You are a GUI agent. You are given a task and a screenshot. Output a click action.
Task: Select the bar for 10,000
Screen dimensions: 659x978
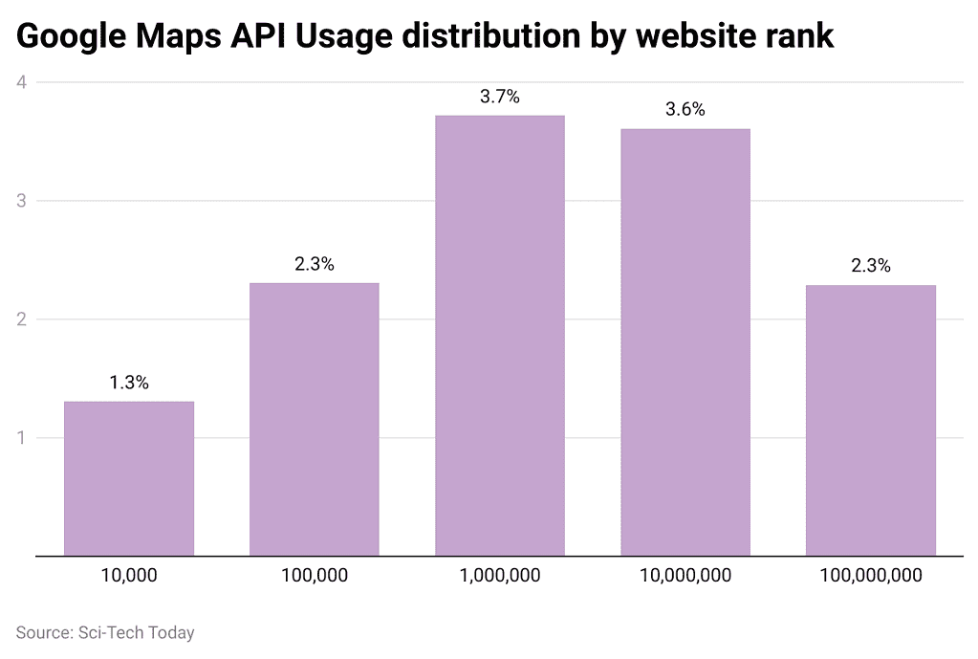click(x=129, y=478)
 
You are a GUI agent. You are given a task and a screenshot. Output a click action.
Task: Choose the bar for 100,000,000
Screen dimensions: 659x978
click(x=871, y=420)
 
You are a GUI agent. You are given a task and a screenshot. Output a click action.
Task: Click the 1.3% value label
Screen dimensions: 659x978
click(x=129, y=384)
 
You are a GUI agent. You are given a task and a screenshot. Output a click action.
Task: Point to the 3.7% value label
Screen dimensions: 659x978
click(x=500, y=97)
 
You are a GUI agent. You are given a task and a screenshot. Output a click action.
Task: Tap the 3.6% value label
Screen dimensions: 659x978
click(x=685, y=110)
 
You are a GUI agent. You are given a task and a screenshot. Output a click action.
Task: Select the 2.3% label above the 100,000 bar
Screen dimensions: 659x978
click(x=315, y=265)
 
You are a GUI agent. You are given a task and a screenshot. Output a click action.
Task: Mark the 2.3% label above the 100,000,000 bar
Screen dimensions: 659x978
click(x=871, y=267)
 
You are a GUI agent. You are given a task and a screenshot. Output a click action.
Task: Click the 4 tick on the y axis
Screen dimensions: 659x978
click(x=20, y=82)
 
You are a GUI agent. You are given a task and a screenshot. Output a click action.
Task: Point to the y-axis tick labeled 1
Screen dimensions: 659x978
click(x=20, y=438)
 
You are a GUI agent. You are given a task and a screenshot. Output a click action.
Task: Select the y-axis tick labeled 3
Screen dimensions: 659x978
click(x=20, y=201)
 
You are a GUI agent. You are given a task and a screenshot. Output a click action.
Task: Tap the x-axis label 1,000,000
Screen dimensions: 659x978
click(x=500, y=576)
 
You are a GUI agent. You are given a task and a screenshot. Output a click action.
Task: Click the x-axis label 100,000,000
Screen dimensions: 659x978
click(x=871, y=576)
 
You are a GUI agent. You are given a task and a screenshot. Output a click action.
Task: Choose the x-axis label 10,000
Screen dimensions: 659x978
click(x=129, y=576)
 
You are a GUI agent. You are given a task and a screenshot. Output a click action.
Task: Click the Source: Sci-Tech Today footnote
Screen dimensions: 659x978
click(x=105, y=632)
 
